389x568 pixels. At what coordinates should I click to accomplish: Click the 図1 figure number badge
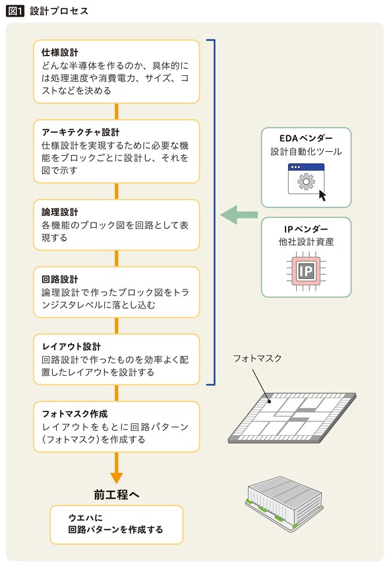pyautogui.click(x=15, y=11)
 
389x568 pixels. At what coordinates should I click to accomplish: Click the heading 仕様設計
pyautogui.click(x=59, y=53)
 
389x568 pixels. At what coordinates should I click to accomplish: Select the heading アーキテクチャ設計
pyautogui.click(x=80, y=132)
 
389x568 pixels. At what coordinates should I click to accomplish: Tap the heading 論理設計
pyautogui.click(x=59, y=212)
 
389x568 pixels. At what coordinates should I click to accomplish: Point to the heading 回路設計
pyautogui.click(x=59, y=279)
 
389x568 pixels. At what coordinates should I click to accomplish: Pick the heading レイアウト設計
pyautogui.click(x=71, y=347)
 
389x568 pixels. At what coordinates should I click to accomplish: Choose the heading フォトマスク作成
pyautogui.click(x=75, y=413)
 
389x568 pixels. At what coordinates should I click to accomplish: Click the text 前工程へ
pyautogui.click(x=117, y=495)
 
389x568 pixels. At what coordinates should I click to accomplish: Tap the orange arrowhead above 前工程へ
pyautogui.click(x=117, y=478)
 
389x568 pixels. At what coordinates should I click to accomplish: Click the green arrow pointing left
pyautogui.click(x=239, y=215)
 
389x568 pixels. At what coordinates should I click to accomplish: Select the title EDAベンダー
pyautogui.click(x=306, y=138)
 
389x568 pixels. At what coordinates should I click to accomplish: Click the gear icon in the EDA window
pyautogui.click(x=306, y=182)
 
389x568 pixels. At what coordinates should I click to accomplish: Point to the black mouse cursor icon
pyautogui.click(x=322, y=195)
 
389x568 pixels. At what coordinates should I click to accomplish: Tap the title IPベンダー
pyautogui.click(x=306, y=229)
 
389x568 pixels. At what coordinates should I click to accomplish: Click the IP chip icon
pyautogui.click(x=306, y=271)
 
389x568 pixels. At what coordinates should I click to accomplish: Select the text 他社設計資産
pyautogui.click(x=306, y=242)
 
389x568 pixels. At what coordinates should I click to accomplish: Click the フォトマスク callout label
pyautogui.click(x=257, y=358)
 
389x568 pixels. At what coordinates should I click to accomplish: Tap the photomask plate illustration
pyautogui.click(x=292, y=417)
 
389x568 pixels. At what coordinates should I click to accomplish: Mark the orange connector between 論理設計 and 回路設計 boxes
pyautogui.click(x=117, y=258)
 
